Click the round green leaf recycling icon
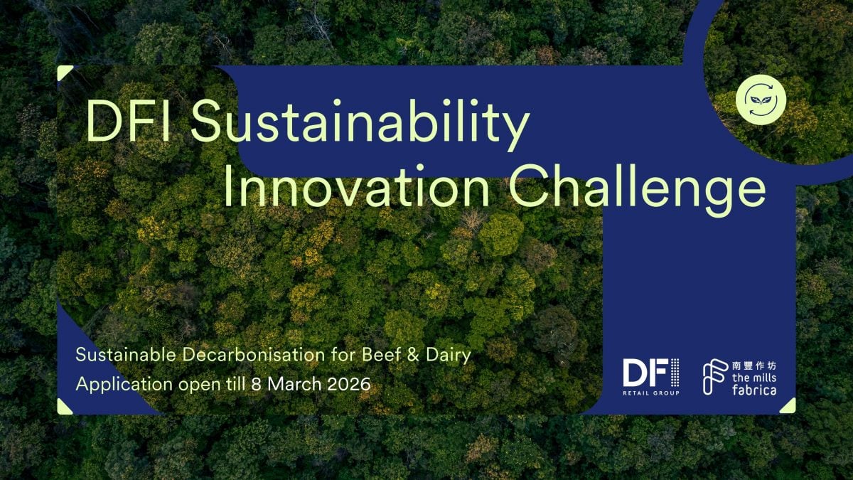(x=761, y=100)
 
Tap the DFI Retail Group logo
(x=651, y=376)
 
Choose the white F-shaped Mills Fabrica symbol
(x=714, y=377)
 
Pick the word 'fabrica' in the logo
(x=753, y=390)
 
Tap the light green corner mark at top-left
(x=64, y=73)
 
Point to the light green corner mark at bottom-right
(x=788, y=406)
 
